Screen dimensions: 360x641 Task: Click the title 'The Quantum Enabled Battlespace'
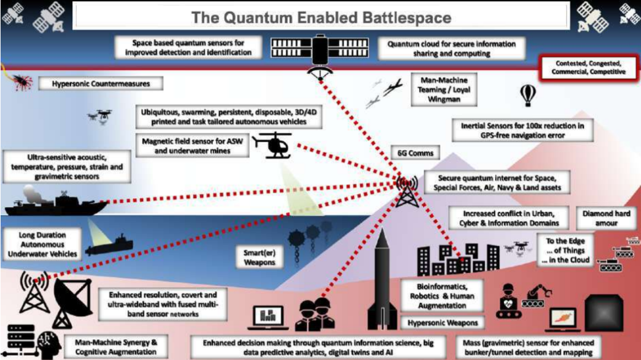320,17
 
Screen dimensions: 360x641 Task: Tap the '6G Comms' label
415,153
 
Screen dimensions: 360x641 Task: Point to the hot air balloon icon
528,94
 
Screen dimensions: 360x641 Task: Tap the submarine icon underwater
110,248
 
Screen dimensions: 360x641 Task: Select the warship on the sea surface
53,203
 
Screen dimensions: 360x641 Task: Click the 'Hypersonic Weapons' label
443,323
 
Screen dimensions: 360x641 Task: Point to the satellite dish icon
71,300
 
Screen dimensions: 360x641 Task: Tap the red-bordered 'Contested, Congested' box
588,68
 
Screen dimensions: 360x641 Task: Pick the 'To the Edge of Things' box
564,250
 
